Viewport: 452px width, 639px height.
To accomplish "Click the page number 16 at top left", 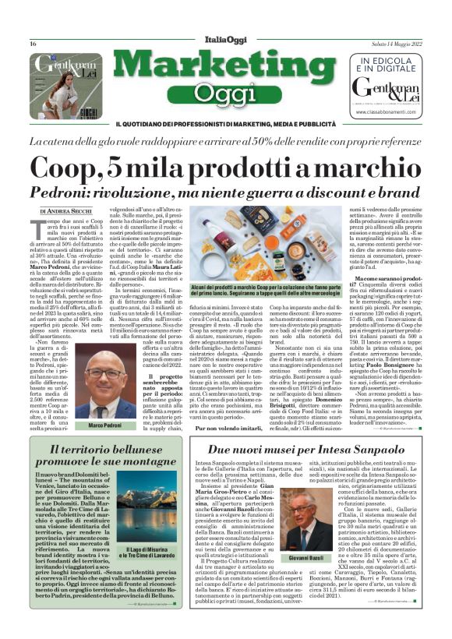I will click(34, 44).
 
